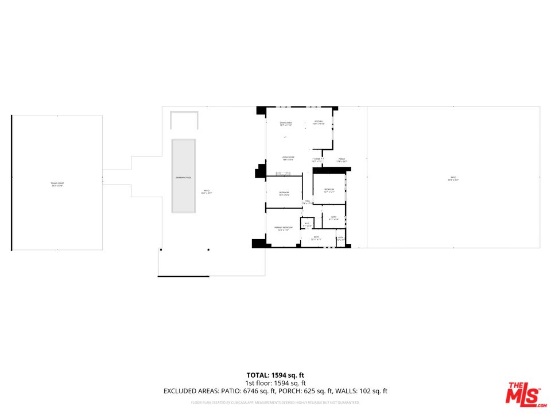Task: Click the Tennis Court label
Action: coord(56,185)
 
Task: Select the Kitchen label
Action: coord(318,122)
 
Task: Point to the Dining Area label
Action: coord(286,123)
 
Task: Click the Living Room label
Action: coord(288,158)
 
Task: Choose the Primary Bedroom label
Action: coord(284,228)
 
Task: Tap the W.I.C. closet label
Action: coord(307,224)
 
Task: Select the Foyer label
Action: coord(317,159)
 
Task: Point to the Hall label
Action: coord(308,201)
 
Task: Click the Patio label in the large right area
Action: coord(453,179)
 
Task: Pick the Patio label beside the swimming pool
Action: coord(207,192)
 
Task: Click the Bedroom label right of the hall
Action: coord(329,190)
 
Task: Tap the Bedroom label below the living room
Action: coord(284,193)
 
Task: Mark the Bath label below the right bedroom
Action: coord(333,217)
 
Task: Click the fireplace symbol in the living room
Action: coord(283,173)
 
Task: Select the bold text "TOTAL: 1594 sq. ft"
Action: coord(275,374)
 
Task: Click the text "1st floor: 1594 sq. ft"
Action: coord(275,383)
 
